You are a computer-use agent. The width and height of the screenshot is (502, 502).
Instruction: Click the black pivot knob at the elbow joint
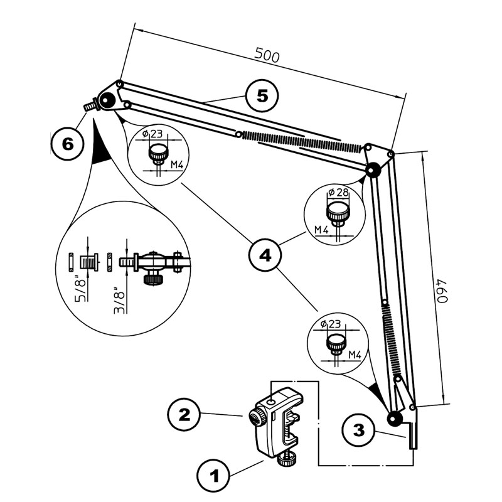point(373,169)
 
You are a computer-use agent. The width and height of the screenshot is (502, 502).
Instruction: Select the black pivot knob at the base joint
point(394,419)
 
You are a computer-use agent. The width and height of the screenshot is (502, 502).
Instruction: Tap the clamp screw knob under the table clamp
point(288,461)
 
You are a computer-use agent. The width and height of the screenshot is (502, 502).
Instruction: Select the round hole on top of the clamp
point(270,400)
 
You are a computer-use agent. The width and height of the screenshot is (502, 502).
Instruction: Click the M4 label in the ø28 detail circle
point(321,230)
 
